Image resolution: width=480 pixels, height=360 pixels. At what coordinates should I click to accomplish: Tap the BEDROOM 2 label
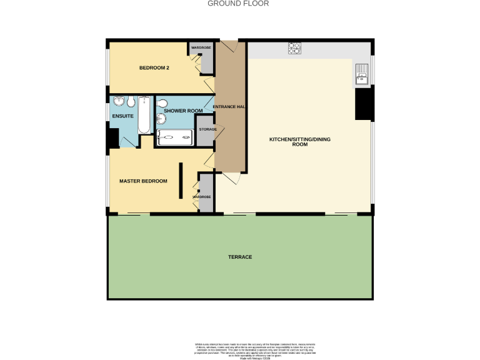(x=154, y=67)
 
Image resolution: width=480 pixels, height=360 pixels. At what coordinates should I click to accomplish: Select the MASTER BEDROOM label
(x=143, y=181)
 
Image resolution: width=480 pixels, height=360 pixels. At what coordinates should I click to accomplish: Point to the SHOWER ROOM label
(x=183, y=111)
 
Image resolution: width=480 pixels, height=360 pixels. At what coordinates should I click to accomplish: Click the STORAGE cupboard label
(x=207, y=129)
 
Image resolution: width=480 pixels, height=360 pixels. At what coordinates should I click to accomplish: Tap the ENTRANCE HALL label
(x=228, y=107)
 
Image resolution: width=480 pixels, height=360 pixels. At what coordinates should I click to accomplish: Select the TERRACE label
(x=240, y=257)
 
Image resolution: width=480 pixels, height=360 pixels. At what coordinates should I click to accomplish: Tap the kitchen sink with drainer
(x=362, y=74)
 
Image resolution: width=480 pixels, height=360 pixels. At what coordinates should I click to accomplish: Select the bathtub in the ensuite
(x=144, y=116)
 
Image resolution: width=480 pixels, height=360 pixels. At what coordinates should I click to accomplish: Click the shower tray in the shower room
(x=175, y=138)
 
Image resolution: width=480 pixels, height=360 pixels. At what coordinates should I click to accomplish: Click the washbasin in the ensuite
(x=119, y=102)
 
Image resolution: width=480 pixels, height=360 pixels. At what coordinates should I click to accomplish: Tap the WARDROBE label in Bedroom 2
(x=200, y=47)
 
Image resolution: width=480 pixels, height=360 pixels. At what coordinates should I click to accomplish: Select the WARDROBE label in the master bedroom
(x=202, y=197)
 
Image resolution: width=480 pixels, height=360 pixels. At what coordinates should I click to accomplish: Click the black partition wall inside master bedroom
(x=181, y=180)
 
